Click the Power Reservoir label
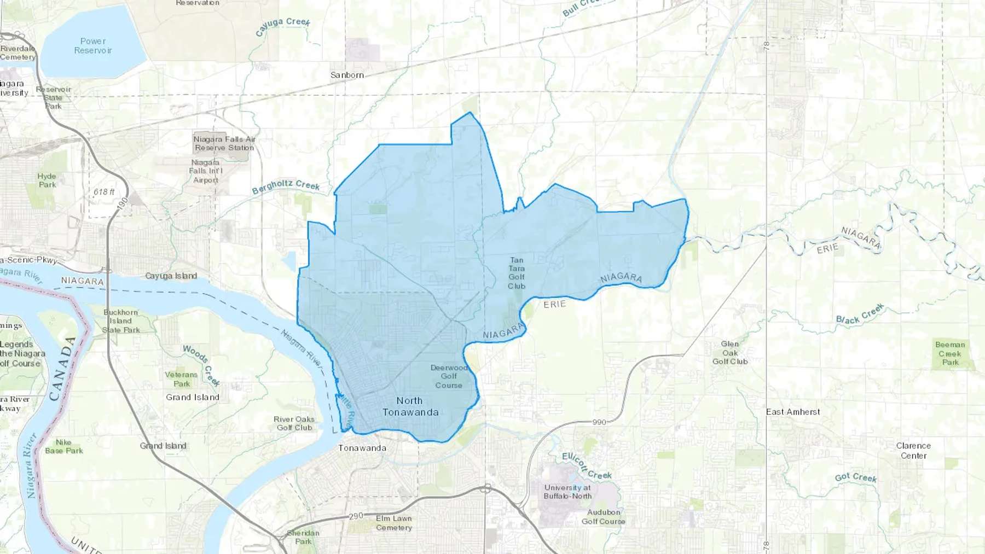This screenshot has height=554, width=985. [x=93, y=46]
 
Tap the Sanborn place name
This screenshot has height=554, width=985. [x=347, y=75]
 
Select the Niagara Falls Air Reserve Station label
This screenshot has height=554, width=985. [x=224, y=143]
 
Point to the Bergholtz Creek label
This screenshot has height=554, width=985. [x=286, y=186]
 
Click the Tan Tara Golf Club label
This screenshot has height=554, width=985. [x=517, y=273]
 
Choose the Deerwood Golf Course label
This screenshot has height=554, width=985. [x=449, y=376]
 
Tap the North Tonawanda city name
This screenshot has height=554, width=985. [x=410, y=406]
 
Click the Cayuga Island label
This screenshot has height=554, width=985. [x=171, y=276]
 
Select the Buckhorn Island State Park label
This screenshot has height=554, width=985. [x=121, y=321]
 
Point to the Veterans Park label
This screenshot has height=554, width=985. [x=181, y=379]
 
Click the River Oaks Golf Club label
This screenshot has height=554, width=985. [x=294, y=423]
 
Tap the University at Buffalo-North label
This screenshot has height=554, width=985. [x=567, y=492]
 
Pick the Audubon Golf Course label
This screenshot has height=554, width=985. [x=603, y=517]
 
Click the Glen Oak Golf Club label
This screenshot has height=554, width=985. [x=730, y=353]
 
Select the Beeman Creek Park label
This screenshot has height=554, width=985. [x=950, y=353]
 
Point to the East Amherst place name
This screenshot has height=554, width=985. [x=793, y=412]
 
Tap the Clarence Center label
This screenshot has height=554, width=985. [x=913, y=451]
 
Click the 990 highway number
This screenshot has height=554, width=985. [x=599, y=422]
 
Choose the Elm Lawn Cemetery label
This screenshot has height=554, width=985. [x=394, y=523]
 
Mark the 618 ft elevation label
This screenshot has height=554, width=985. [x=104, y=192]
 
